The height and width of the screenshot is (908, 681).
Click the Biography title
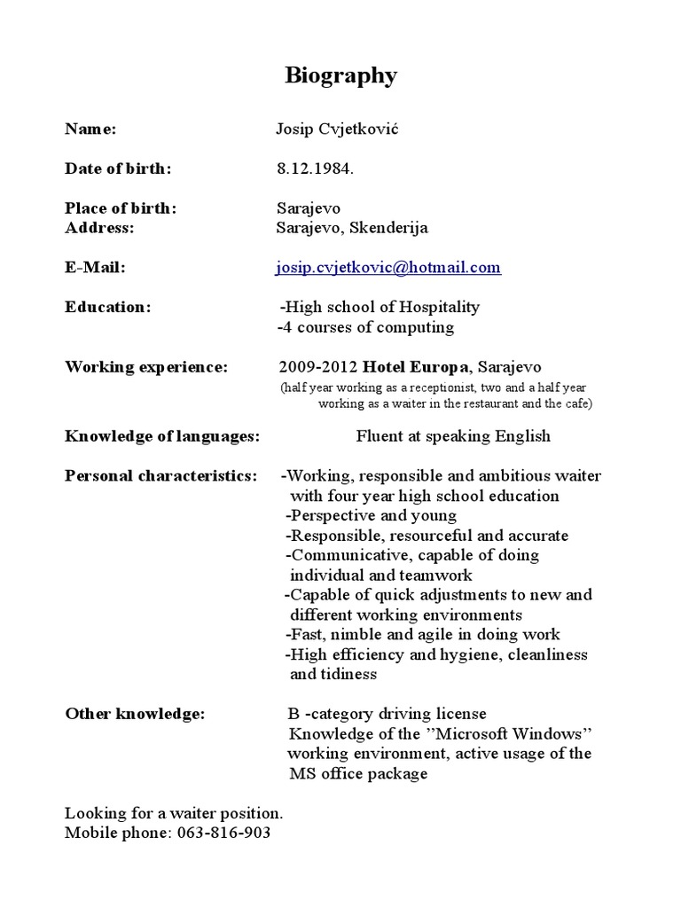(x=340, y=76)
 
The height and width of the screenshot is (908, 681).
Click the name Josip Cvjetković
(x=337, y=129)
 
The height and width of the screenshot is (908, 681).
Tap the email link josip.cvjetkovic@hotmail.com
(x=388, y=267)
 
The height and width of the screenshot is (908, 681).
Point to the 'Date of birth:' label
(x=118, y=168)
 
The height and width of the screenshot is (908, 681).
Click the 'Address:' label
(x=99, y=228)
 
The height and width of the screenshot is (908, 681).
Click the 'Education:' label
(x=108, y=307)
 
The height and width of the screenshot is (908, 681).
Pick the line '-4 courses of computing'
(x=365, y=327)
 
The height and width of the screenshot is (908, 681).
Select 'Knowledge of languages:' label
(x=162, y=436)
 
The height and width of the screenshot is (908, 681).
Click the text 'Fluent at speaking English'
(x=453, y=436)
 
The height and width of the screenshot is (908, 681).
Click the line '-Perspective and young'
(x=371, y=515)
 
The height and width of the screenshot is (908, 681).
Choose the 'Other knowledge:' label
(x=135, y=714)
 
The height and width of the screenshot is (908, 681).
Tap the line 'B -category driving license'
(x=387, y=714)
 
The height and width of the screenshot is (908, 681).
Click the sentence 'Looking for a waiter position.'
(x=174, y=813)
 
